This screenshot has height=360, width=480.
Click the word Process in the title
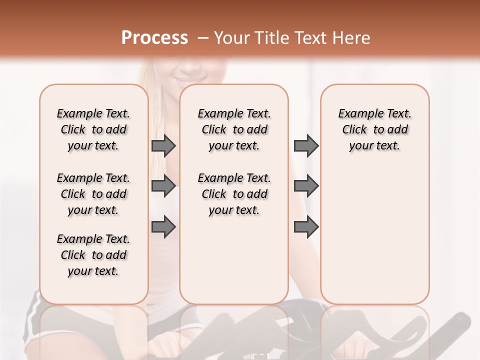click(x=154, y=38)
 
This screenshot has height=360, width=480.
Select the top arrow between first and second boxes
click(x=163, y=145)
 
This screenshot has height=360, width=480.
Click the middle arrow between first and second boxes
click(x=163, y=186)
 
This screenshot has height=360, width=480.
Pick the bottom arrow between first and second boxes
click(x=163, y=227)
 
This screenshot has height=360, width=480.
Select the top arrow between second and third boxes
click(x=306, y=145)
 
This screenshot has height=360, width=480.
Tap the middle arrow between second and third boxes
click(x=306, y=186)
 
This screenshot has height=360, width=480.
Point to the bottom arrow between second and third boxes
click(x=306, y=227)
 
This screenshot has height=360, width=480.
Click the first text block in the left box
click(x=93, y=129)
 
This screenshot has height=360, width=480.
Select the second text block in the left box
click(x=93, y=194)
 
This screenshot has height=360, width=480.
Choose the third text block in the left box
click(x=93, y=255)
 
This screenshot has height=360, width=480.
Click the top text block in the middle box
click(x=234, y=129)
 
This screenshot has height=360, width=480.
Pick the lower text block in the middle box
click(x=234, y=194)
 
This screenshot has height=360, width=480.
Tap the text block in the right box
click(x=374, y=129)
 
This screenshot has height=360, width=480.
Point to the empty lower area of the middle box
click(x=234, y=260)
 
